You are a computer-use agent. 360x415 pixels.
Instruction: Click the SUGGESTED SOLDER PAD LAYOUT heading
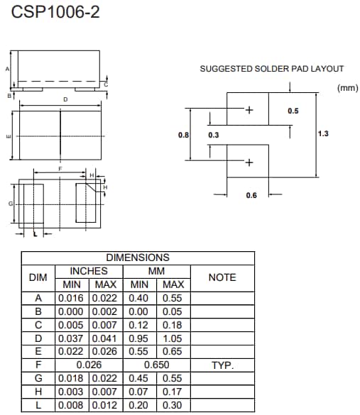pyautogui.click(x=271, y=69)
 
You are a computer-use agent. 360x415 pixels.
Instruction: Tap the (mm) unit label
pyautogui.click(x=347, y=88)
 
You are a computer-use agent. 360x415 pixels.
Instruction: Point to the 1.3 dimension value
pyautogui.click(x=323, y=133)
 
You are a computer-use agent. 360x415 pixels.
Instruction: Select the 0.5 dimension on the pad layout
pyautogui.click(x=293, y=111)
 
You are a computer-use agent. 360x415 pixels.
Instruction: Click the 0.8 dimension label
pyautogui.click(x=182, y=134)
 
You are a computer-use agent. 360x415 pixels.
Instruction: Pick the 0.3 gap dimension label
pyautogui.click(x=214, y=134)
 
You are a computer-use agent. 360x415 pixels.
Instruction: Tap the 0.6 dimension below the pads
pyautogui.click(x=251, y=195)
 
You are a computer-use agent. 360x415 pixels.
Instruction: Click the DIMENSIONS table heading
pyautogui.click(x=138, y=258)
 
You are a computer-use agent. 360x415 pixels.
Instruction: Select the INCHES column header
pyautogui.click(x=89, y=271)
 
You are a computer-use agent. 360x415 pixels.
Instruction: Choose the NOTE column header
pyautogui.click(x=222, y=277)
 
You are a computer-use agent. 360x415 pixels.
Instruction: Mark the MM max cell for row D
pyautogui.click(x=172, y=339)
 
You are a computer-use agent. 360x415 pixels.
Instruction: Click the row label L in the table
pyautogui.click(x=38, y=405)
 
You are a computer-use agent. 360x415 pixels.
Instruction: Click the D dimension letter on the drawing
pyautogui.click(x=65, y=100)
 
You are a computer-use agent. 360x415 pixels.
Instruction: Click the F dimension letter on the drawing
pyautogui.click(x=60, y=169)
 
